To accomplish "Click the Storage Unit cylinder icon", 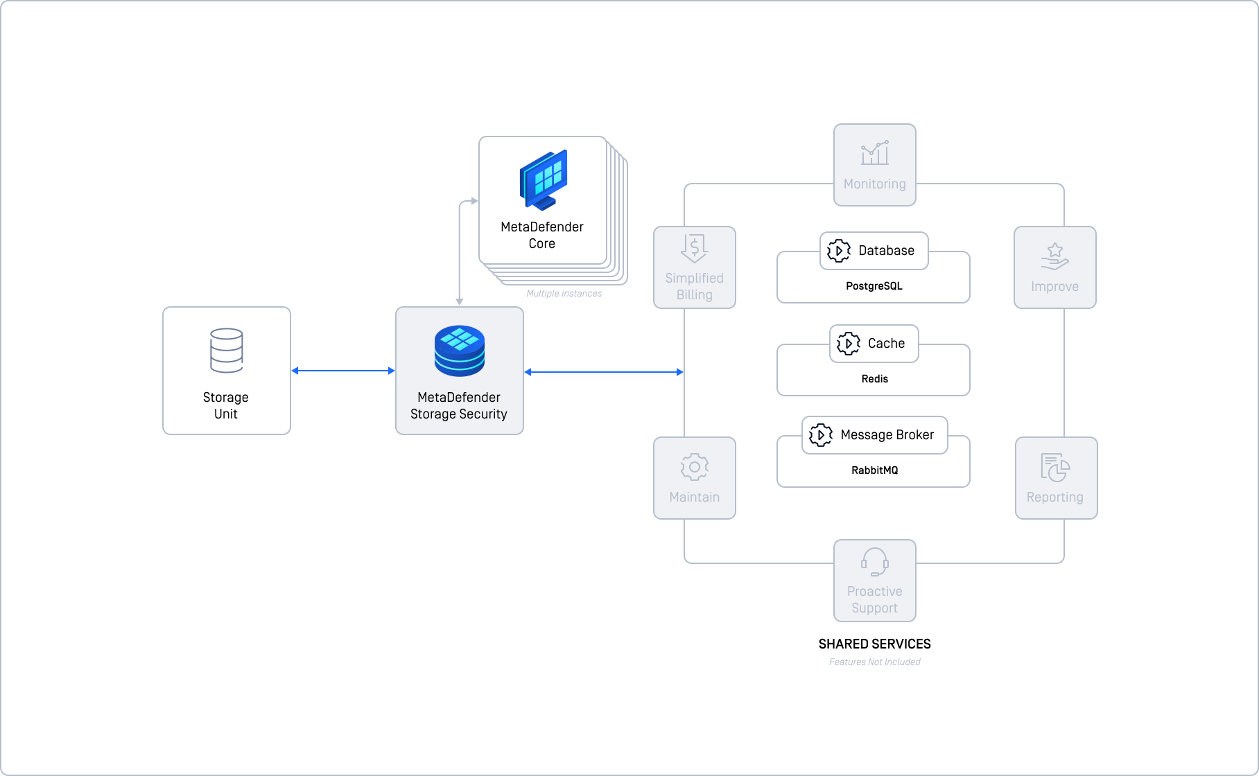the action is click(226, 351).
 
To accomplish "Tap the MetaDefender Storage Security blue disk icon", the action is click(460, 351).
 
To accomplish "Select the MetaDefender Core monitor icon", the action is click(544, 180).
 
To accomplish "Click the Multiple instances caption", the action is click(564, 294).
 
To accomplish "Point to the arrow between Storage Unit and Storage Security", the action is click(343, 371).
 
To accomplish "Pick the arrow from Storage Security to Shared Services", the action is click(604, 372).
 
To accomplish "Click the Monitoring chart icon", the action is click(875, 152).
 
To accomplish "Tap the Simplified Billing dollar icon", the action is click(694, 248).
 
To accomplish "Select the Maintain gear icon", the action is click(695, 467).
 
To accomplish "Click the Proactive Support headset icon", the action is click(875, 562).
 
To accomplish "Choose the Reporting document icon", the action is click(1055, 468).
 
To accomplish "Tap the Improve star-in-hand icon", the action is click(1055, 256).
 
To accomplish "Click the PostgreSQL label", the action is click(874, 286).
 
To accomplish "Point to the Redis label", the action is click(875, 379).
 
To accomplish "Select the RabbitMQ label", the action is click(875, 470).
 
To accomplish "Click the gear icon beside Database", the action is click(839, 251).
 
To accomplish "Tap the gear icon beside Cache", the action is click(849, 344).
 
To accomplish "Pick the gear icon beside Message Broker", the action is click(821, 435).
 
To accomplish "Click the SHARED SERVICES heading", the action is click(875, 644).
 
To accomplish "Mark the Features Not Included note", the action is click(875, 662).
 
